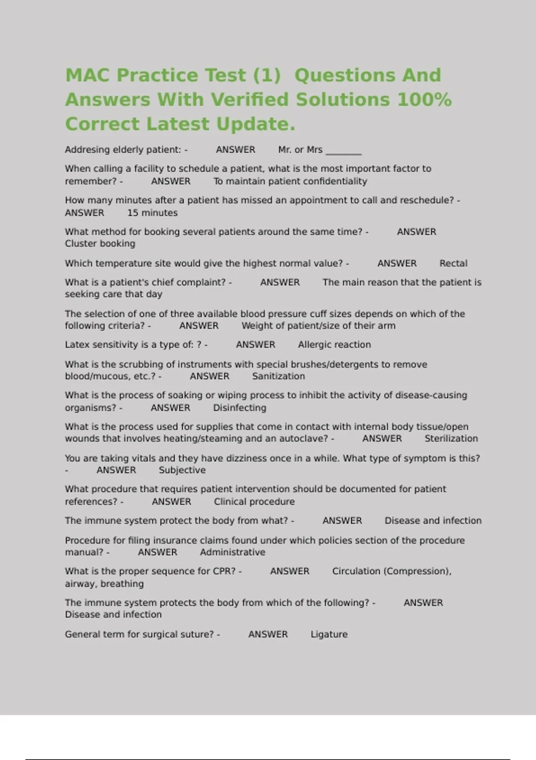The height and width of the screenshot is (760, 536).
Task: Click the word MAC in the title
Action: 88,75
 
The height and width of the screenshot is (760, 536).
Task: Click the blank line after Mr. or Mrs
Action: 343,151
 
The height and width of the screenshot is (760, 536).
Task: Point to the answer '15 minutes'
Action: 152,213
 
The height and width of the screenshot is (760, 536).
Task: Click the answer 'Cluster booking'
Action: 100,244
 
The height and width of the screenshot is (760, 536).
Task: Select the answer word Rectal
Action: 453,263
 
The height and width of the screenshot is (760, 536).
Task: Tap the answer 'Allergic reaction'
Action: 334,345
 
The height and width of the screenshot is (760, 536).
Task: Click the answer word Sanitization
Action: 278,376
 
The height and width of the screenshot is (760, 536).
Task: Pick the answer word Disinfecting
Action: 239,408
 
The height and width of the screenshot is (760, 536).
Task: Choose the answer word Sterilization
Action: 451,439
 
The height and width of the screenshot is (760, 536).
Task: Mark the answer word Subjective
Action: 182,470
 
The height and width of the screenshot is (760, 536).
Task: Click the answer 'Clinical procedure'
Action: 254,502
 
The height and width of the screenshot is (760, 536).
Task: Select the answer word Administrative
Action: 232,552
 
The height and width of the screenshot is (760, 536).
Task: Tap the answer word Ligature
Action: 329,634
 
